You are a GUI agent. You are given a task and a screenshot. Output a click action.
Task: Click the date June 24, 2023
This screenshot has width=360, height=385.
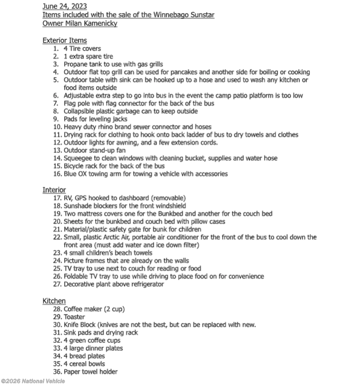point(64,6)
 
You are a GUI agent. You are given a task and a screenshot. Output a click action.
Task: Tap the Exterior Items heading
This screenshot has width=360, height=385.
point(64,40)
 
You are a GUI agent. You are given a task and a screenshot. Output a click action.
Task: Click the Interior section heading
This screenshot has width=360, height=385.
point(54,190)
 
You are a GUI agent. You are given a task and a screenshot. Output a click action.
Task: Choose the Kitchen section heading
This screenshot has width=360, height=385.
point(54,301)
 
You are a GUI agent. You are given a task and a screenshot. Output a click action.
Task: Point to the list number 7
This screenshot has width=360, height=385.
point(56,103)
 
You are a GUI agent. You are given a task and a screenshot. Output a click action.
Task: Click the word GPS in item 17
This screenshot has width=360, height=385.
point(82,198)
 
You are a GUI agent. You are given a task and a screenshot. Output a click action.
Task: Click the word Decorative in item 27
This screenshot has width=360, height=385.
point(79,284)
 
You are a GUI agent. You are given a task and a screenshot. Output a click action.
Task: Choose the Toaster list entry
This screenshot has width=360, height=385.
point(74,317)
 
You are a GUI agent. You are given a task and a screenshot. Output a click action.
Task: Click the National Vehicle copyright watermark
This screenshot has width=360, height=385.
point(33,381)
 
